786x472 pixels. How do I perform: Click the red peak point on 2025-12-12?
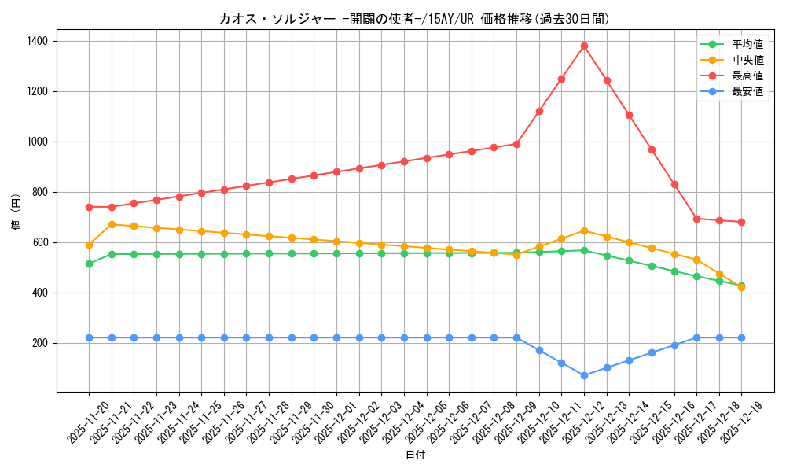584,46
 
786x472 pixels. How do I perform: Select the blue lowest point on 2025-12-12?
584,375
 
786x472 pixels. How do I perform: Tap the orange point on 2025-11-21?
112,224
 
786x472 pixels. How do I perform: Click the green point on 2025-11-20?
89,264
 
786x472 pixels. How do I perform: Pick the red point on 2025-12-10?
539,111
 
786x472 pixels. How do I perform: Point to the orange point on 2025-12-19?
741,287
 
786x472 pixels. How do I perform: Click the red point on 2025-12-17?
696,219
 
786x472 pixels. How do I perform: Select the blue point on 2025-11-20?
89,337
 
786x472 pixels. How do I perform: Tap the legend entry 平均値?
747,44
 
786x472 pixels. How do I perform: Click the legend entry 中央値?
747,60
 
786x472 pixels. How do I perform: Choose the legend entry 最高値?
747,76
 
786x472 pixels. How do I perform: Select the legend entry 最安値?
747,91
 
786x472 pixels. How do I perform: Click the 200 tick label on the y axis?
41,343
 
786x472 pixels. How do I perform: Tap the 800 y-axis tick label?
41,192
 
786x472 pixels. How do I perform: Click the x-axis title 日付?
415,455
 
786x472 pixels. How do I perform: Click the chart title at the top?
415,19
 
